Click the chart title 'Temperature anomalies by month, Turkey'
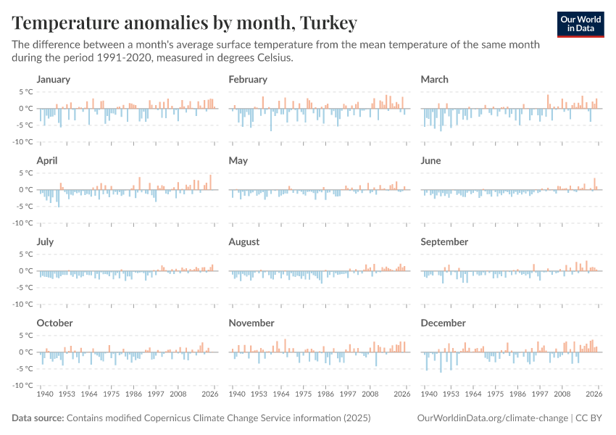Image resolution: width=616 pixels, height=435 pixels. [185, 23]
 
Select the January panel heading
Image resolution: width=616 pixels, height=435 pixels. [53, 79]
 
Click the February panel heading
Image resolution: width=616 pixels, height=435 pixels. [248, 79]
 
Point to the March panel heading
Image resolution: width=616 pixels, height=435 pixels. [434, 79]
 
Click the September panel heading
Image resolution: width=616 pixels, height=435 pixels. [444, 241]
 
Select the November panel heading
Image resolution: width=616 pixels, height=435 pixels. [251, 323]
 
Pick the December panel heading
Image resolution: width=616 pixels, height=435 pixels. [443, 323]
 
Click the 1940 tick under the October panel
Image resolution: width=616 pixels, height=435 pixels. [44, 395]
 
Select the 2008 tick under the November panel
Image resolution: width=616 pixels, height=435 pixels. [370, 395]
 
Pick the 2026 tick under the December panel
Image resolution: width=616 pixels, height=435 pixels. [594, 395]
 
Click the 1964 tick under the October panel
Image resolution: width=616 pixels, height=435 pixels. [89, 395]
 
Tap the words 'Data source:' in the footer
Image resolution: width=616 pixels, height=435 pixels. [38, 418]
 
